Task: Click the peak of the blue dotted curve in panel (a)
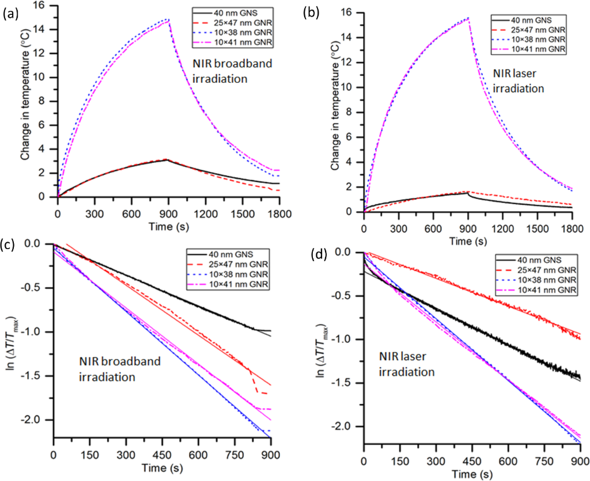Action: tap(168, 20)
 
